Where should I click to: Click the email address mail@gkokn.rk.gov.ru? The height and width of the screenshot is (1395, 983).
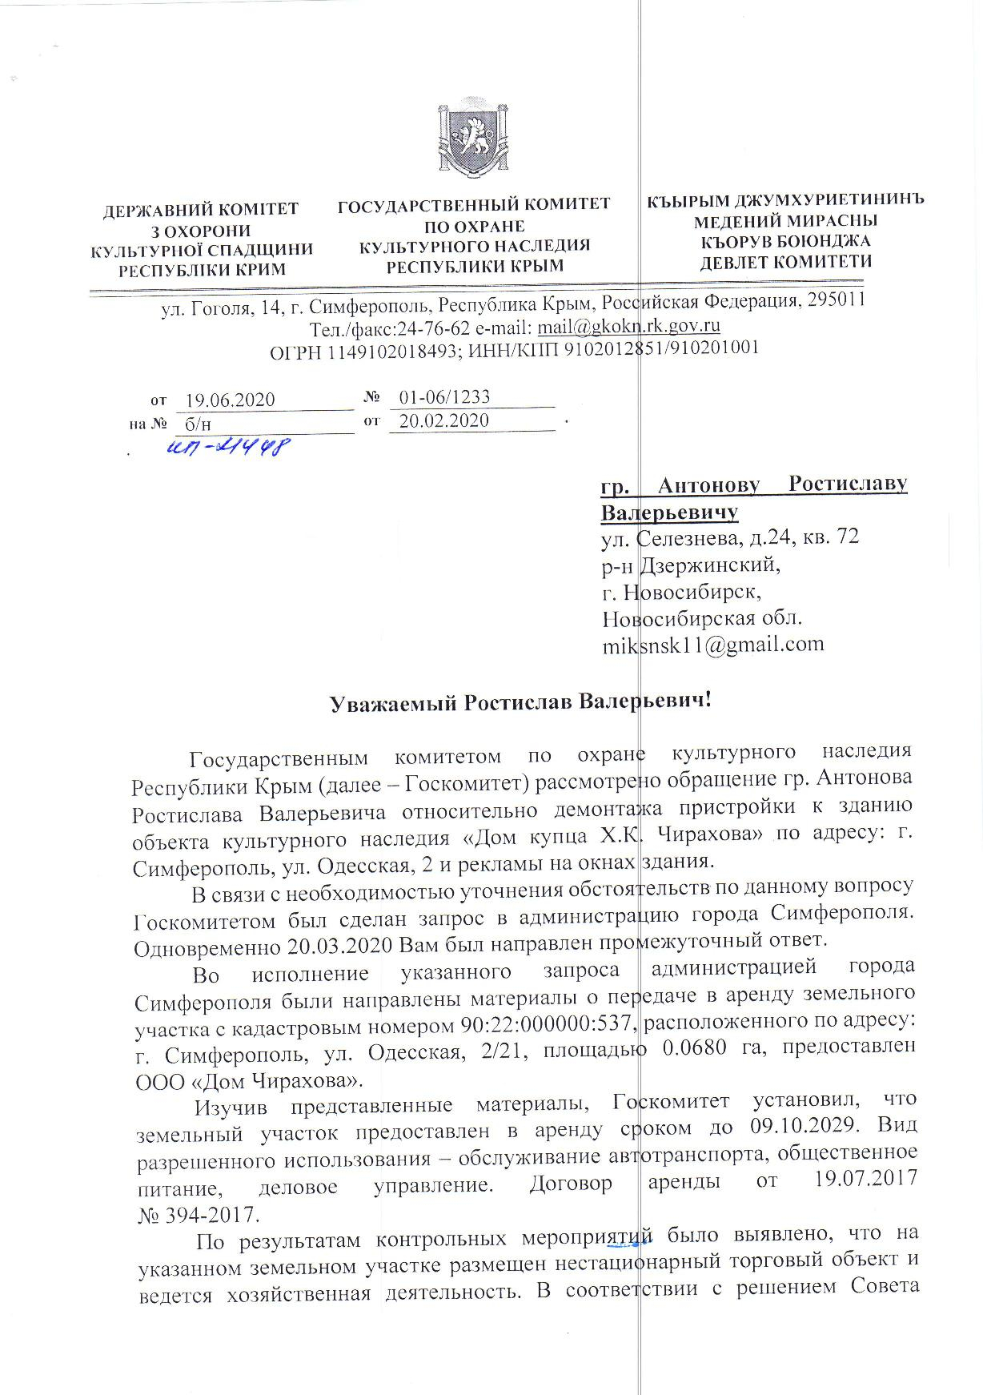pos(629,326)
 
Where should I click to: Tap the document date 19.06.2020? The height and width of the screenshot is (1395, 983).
pos(230,400)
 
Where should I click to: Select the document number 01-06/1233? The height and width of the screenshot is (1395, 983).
pos(444,396)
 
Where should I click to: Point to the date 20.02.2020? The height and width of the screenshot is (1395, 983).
pos(443,420)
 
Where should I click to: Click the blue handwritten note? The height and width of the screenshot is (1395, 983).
pos(227,448)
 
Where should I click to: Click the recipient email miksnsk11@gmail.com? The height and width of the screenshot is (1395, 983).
pos(712,644)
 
